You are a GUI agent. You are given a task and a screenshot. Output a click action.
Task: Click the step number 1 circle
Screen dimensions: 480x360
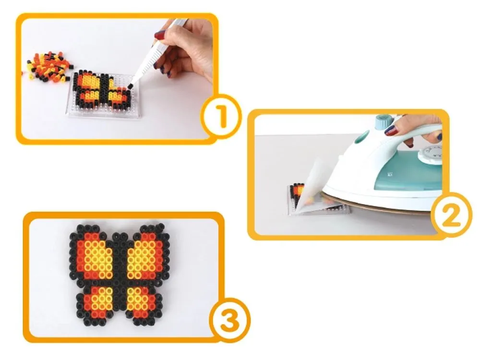(221, 116)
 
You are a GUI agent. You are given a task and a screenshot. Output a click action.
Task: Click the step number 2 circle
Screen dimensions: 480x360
(451, 214)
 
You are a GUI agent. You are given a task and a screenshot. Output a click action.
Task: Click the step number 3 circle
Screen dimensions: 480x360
(229, 320)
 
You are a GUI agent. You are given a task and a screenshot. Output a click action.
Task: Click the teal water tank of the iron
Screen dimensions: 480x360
(407, 175)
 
